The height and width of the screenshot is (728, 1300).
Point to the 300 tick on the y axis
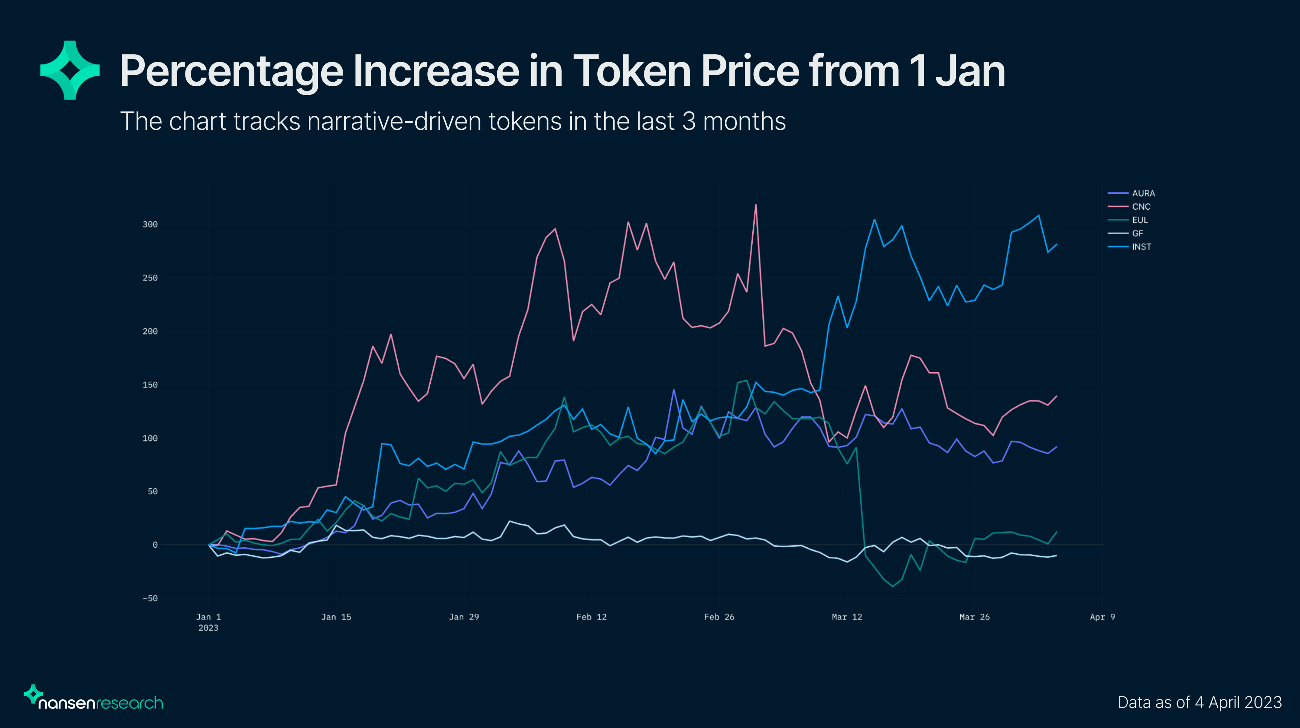[150, 224]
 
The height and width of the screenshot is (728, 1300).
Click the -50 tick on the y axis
[150, 598]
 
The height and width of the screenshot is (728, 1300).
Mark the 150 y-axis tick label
[150, 385]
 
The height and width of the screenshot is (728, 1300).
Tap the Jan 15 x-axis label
[336, 617]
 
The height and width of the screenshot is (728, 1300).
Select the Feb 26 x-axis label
[719, 617]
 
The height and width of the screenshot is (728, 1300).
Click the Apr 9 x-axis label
[1102, 617]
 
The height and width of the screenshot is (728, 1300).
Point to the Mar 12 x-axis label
[847, 617]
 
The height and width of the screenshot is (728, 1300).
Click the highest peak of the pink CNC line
[755, 205]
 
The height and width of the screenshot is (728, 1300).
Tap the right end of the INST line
[1056, 244]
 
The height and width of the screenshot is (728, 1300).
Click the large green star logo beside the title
[70, 70]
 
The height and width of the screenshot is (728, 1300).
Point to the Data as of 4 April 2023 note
[1199, 702]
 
